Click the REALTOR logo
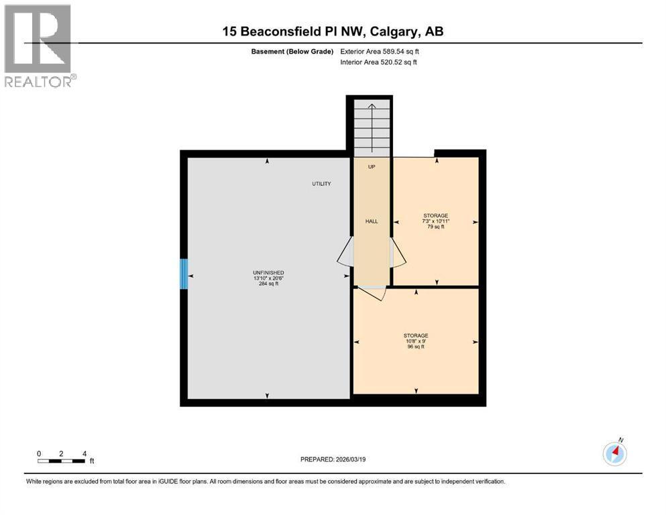39,46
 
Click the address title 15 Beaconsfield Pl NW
332,32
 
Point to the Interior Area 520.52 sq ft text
379,62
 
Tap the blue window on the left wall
183,275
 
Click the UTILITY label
321,184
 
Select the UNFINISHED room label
268,273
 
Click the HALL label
372,221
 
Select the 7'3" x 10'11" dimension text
435,221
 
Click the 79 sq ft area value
435,227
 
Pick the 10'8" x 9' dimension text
415,341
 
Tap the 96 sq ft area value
415,347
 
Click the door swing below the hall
372,293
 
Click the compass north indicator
614,453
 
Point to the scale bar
62,461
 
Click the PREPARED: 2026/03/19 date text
333,459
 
